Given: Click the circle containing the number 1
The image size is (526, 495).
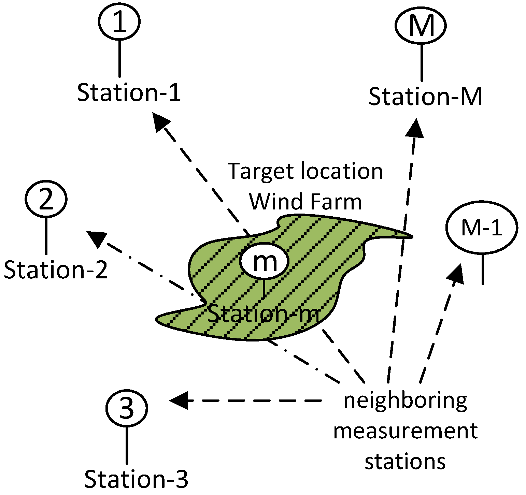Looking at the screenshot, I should (119, 21).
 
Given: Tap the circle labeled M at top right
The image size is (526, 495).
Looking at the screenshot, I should (421, 26).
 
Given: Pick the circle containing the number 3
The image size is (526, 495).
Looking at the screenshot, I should (127, 408).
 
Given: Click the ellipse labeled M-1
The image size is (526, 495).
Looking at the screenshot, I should (482, 228).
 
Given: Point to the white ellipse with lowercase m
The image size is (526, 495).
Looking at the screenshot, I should (265, 261).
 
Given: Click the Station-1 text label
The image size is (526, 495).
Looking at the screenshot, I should (129, 92).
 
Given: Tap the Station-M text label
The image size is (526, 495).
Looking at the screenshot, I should (425, 97).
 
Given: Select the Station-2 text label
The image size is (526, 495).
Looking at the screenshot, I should (56, 270).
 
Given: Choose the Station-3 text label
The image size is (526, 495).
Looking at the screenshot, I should (136, 479).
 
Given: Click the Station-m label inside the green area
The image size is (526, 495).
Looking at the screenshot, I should (264, 314).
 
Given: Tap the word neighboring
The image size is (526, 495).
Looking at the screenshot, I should (405, 401).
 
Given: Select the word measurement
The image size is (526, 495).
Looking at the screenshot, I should (405, 431).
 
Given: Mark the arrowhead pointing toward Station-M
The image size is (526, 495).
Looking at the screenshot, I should (415, 129).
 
